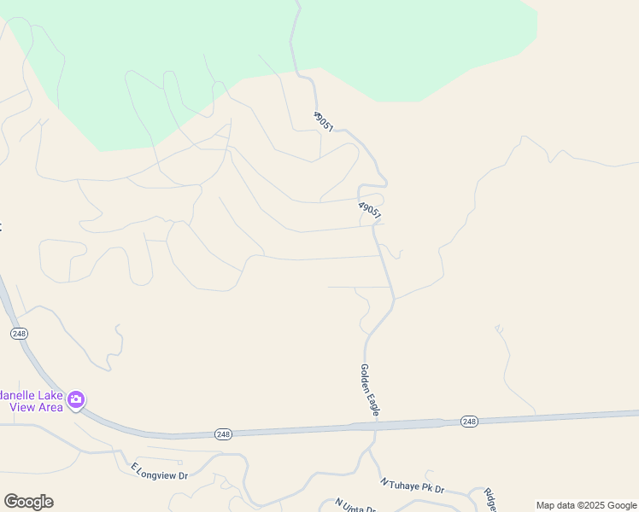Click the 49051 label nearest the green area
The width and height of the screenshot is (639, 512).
323,121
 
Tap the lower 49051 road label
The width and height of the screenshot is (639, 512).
370,210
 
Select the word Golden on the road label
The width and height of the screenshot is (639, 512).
365,378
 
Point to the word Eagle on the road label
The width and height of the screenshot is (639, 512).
373,404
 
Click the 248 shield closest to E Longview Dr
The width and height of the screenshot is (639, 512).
223,434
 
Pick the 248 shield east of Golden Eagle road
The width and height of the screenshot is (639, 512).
469,422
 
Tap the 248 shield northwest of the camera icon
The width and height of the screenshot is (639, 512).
19,334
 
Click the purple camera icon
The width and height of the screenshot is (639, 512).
76,399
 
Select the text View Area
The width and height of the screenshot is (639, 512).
36,407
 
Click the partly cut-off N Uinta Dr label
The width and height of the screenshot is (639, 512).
355,505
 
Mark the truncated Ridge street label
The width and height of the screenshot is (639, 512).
490,499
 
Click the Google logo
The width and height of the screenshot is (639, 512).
28,502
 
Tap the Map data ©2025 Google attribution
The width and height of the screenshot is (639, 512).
587,505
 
